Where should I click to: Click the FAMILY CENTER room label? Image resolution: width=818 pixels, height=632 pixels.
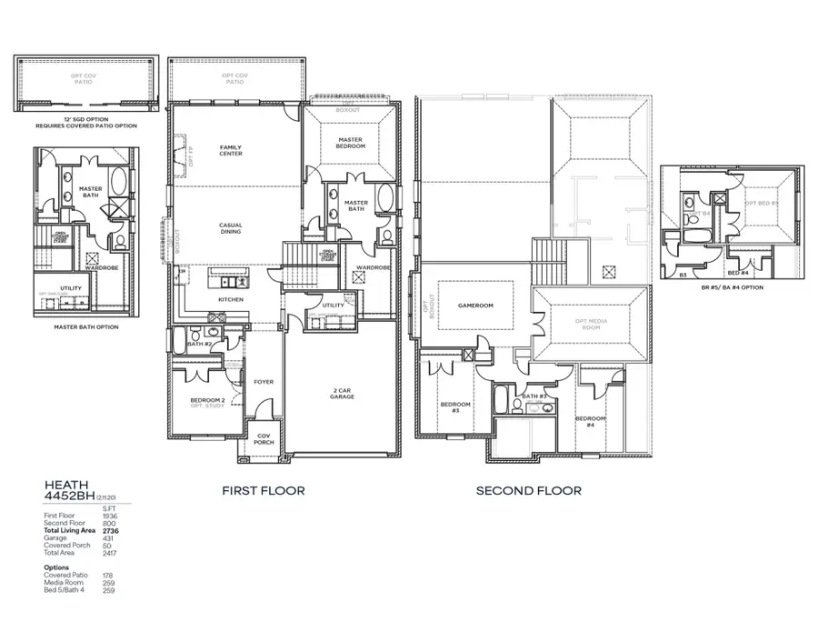[x=230, y=150]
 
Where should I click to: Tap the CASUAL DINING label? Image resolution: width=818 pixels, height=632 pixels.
[x=230, y=228]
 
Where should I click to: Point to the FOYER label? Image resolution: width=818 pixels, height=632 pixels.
[x=264, y=382]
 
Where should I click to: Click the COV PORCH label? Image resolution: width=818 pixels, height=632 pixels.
[x=264, y=437]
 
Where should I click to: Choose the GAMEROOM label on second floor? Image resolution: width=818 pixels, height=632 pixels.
[x=474, y=306]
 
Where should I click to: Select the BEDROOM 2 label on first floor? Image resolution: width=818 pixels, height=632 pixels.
[x=208, y=400]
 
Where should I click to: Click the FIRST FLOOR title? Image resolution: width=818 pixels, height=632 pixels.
[x=264, y=491]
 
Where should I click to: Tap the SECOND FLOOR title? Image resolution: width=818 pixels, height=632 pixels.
[x=528, y=491]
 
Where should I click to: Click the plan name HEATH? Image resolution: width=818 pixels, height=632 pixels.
[x=65, y=487]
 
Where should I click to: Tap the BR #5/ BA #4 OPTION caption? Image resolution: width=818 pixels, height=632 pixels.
[x=732, y=286]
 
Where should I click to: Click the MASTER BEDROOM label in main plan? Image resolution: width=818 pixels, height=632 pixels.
[x=350, y=143]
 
